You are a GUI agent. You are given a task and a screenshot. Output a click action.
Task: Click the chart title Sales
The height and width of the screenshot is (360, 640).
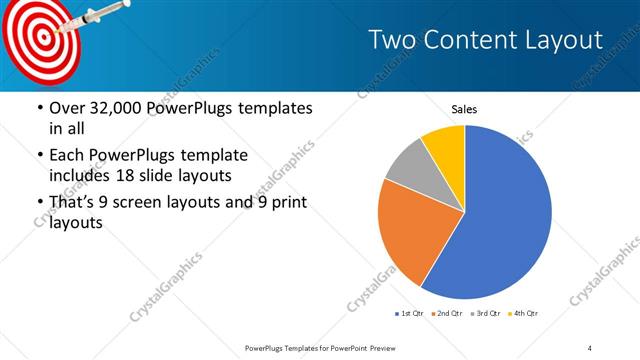[x=464, y=108]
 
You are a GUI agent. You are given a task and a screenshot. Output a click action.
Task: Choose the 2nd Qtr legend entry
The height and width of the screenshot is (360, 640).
[x=446, y=314]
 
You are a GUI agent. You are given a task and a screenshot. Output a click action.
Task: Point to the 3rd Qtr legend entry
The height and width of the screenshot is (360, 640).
[x=485, y=314]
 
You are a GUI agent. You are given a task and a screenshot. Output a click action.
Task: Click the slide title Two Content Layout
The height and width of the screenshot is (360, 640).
[x=485, y=40]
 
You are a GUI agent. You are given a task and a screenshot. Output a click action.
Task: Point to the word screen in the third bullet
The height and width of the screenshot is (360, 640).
[x=153, y=203]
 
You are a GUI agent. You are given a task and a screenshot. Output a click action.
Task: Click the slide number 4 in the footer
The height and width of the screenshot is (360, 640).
[x=590, y=347]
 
